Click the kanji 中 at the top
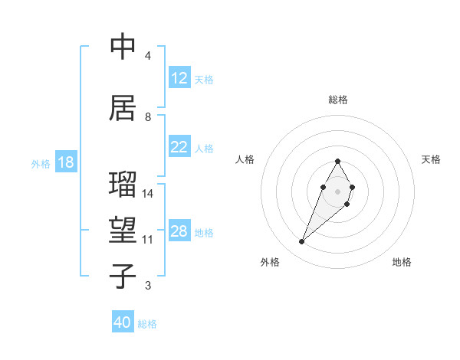click(123, 47)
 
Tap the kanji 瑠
click(123, 185)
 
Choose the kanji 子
click(123, 277)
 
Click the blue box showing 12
click(179, 78)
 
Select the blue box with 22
click(179, 147)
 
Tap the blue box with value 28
click(179, 231)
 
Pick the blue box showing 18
click(65, 163)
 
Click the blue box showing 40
click(123, 322)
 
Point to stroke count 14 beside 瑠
click(148, 194)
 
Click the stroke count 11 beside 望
click(148, 240)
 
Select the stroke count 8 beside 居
click(148, 117)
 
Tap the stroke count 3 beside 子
click(148, 286)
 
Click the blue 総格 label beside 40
click(147, 324)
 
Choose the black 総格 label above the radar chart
click(337, 100)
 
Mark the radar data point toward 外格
click(301, 242)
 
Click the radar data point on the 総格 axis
click(337, 161)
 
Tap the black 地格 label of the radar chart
click(402, 262)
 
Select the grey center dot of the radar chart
click(337, 190)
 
